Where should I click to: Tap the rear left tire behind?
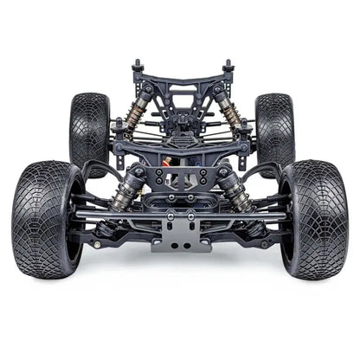point(89,130)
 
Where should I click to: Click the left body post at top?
point(137,67)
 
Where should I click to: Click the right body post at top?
point(228,67)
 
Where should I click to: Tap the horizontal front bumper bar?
point(181,215)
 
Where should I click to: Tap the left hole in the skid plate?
point(174,245)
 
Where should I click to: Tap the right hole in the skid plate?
point(189,245)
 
